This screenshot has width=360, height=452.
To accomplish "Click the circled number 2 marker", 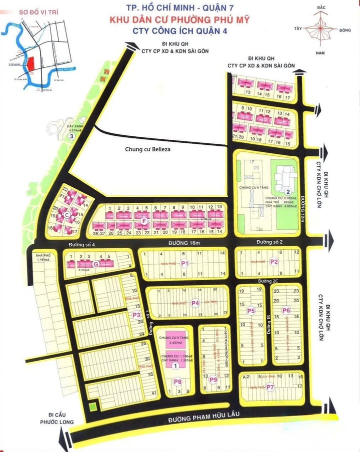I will [287, 192].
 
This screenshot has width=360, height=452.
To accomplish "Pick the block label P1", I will [184, 263].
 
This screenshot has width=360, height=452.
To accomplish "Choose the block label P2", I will [274, 261].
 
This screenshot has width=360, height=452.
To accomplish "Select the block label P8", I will [177, 382].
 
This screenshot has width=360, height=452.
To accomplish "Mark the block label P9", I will [213, 380].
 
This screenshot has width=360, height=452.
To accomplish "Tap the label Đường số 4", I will [82, 244].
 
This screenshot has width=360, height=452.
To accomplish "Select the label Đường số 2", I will [270, 242].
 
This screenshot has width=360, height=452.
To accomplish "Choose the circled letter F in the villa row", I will [144, 220].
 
